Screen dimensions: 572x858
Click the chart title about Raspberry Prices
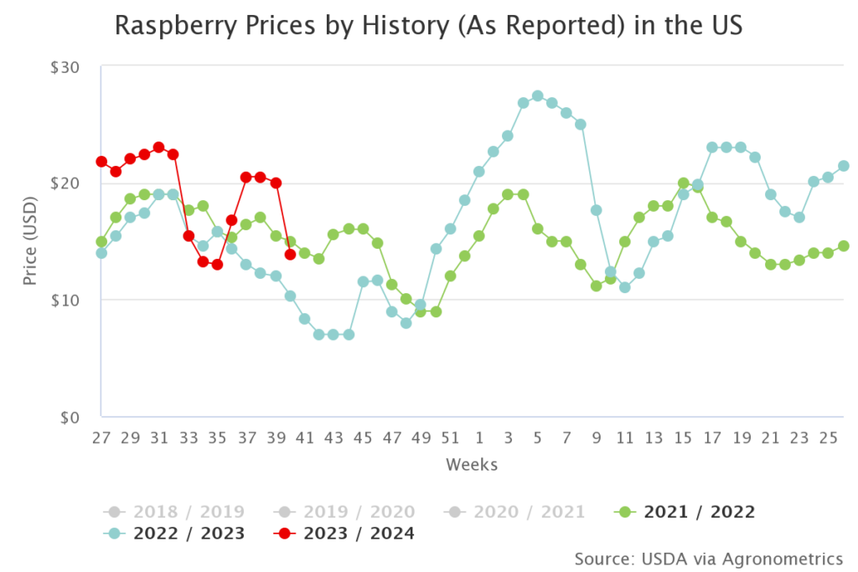(428, 26)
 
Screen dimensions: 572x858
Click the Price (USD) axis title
(31, 241)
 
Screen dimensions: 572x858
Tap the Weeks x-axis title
(472, 464)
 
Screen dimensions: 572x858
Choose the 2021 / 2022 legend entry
(685, 512)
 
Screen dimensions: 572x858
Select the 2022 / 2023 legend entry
(176, 533)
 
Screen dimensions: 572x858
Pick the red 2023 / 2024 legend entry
(344, 533)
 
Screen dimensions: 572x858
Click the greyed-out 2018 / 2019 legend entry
(176, 512)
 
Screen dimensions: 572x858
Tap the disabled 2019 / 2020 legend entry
(344, 512)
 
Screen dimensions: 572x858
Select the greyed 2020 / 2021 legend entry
(514, 512)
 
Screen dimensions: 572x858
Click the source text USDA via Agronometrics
(709, 558)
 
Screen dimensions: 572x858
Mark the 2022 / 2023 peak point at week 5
(538, 96)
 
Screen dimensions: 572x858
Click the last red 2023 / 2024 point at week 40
(290, 255)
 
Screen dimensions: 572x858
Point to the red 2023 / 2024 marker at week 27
(101, 162)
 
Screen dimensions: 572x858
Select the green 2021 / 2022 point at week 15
(683, 183)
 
